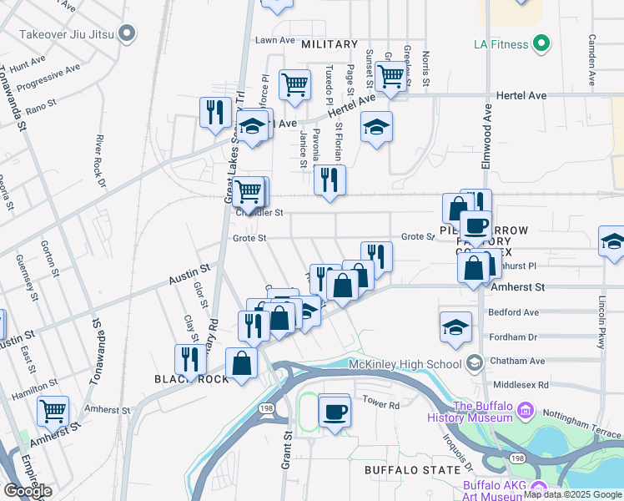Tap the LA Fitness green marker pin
pos(541,43)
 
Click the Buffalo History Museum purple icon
pos(525,410)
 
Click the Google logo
pos(28,490)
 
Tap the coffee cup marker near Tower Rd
pos(335,412)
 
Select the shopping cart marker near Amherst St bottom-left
pos(53,411)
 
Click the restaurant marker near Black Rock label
pos(191,359)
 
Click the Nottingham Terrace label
pos(586,414)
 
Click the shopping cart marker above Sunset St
pos(390,77)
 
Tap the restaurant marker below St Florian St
pos(330,179)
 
